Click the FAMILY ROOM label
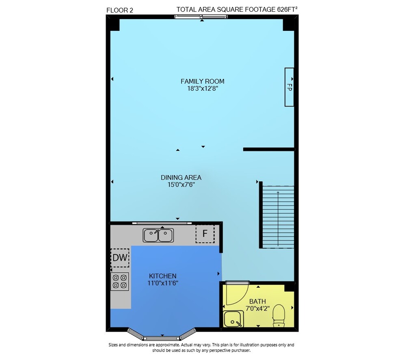[x=203, y=81]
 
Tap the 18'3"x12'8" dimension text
[x=203, y=89]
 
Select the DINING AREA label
[x=181, y=178]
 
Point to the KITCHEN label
[x=163, y=276]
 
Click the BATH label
[x=257, y=301]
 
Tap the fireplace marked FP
[x=289, y=87]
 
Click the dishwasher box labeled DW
[x=120, y=258]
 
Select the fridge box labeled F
[x=205, y=234]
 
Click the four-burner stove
[x=120, y=282]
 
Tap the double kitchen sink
[x=158, y=235]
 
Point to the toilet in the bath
[x=279, y=316]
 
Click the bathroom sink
[x=233, y=319]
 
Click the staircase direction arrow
[x=278, y=219]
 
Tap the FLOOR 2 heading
[x=120, y=11]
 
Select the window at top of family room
[x=201, y=17]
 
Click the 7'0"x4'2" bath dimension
[x=257, y=309]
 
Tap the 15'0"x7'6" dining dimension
[x=181, y=185]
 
